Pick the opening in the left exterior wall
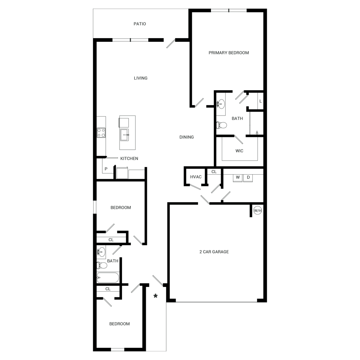95,207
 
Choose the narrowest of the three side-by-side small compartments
202,176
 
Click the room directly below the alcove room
239,151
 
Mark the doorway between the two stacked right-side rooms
239,136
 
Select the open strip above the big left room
140,23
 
